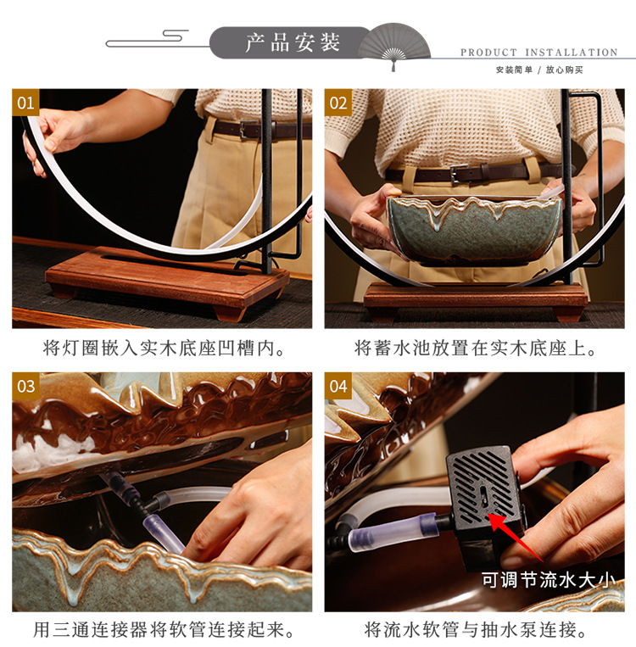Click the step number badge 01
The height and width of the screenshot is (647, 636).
pyautogui.click(x=26, y=103)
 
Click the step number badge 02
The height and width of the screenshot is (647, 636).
pyautogui.click(x=338, y=103)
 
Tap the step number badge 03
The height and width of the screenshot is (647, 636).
pyautogui.click(x=26, y=387)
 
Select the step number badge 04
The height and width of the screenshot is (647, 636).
pyautogui.click(x=338, y=387)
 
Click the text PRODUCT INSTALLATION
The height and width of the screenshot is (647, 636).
pyautogui.click(x=538, y=53)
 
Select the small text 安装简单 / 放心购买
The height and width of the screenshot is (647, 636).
pyautogui.click(x=539, y=70)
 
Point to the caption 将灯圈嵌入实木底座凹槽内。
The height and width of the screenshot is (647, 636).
pyautogui.click(x=165, y=349)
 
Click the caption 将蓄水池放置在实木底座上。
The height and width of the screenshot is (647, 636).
pyautogui.click(x=476, y=349)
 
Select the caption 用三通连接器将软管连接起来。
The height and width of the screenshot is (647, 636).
pyautogui.click(x=165, y=630)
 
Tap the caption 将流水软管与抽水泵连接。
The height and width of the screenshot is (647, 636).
pyautogui.click(x=476, y=630)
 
